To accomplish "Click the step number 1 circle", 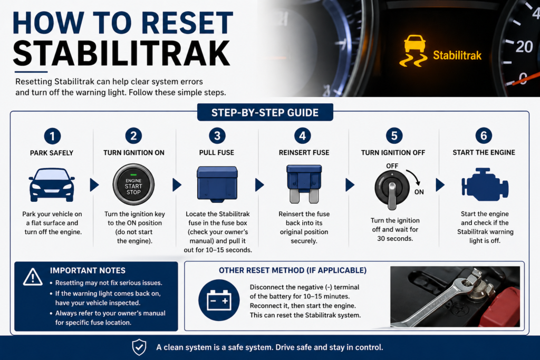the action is pyautogui.click(x=52, y=136).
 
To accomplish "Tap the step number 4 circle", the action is pyautogui.click(x=302, y=135).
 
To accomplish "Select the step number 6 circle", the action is pyautogui.click(x=484, y=135).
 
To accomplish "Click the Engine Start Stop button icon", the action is pyautogui.click(x=133, y=184).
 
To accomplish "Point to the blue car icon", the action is pyautogui.click(x=52, y=185).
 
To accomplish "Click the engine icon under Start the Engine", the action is pyautogui.click(x=485, y=184).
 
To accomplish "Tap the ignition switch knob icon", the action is pyautogui.click(x=392, y=190).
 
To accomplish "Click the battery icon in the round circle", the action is pyautogui.click(x=219, y=300).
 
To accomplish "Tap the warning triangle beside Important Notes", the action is pyautogui.click(x=33, y=277).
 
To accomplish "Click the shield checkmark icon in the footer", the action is pyautogui.click(x=139, y=347).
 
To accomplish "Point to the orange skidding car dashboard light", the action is pyautogui.click(x=413, y=51).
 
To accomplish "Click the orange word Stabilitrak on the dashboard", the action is pyautogui.click(x=457, y=55).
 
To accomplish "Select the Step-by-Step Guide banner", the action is pyautogui.click(x=265, y=112).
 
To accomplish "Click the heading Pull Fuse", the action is pyautogui.click(x=217, y=152).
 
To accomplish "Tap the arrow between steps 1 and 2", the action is pyautogui.click(x=94, y=185).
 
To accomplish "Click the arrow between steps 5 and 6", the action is pyautogui.click(x=440, y=185).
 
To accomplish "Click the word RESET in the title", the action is pyautogui.click(x=187, y=23).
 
